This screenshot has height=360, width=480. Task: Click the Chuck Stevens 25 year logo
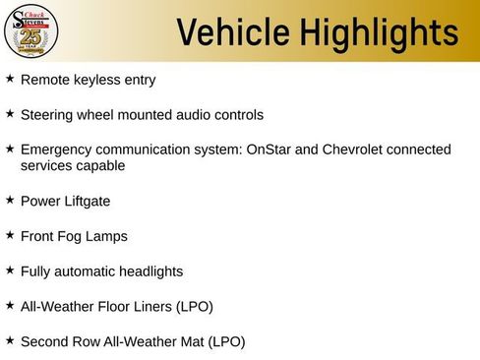click(31, 30)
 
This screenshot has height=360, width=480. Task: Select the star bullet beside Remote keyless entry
click(10, 78)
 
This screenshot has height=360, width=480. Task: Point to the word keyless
click(96, 80)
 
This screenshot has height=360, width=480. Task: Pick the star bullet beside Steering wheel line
click(10, 113)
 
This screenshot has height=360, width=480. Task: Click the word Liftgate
click(86, 202)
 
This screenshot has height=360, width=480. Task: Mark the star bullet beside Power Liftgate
click(10, 200)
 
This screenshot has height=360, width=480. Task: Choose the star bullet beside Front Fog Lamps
click(10, 235)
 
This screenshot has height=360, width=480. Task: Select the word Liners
click(150, 307)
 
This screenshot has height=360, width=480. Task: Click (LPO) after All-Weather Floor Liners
click(194, 307)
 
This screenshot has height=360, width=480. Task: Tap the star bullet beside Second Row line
click(10, 340)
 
